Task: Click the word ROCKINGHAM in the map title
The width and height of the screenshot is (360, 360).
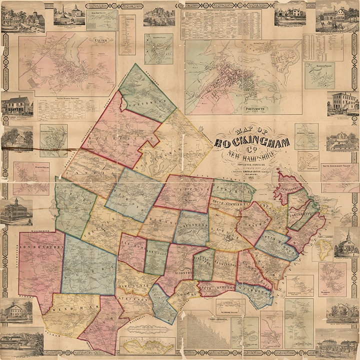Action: click(252, 143)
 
